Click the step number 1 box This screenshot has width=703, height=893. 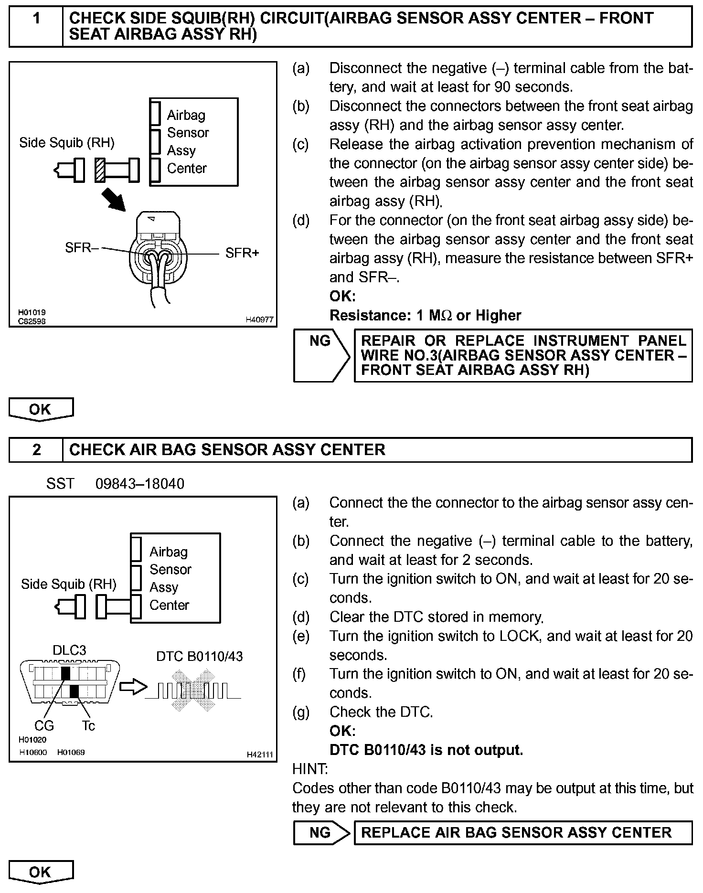tap(36, 19)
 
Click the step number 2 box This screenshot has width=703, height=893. tap(36, 450)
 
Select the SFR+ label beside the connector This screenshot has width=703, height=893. tap(242, 253)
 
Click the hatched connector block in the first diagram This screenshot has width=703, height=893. tap(100, 170)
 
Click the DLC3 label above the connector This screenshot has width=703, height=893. tap(69, 650)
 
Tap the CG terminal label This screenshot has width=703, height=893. tap(44, 726)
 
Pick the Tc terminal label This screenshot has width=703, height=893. tap(88, 726)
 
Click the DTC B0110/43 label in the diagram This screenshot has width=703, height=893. tap(199, 657)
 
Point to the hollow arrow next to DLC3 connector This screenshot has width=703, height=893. tap(133, 687)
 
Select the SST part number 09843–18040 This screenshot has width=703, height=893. tap(139, 484)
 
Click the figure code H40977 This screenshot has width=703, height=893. tap(259, 319)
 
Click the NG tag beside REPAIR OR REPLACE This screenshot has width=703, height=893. tap(320, 341)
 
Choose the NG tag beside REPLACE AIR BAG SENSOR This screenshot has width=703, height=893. tap(320, 833)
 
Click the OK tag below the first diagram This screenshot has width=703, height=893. tap(41, 409)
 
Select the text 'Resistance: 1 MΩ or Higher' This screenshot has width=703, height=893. tap(425, 315)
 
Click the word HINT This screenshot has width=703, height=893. tap(310, 769)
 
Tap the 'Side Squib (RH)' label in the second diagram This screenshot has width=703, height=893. tap(68, 584)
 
